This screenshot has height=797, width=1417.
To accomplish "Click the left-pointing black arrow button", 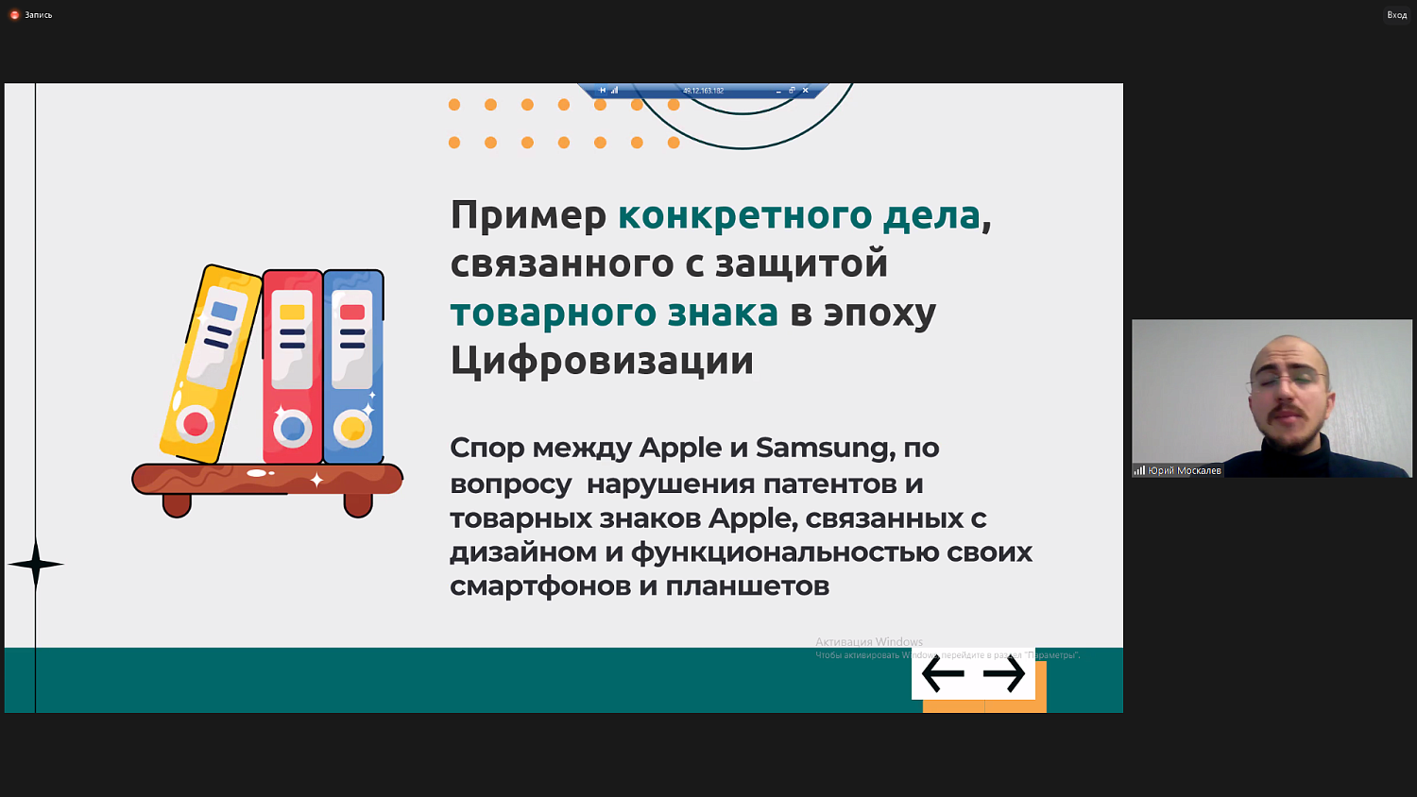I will click(943, 674).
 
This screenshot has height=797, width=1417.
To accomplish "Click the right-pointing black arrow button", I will click(1003, 674).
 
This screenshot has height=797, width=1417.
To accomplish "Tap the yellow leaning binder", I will click(210, 364).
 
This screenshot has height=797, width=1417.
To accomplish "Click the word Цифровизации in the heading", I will click(602, 361).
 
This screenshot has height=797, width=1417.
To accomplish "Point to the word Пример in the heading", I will click(528, 215).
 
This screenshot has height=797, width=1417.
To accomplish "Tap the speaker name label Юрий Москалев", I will click(1184, 470).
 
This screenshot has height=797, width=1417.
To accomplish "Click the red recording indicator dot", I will click(14, 15).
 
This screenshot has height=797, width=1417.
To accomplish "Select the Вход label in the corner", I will click(1396, 15).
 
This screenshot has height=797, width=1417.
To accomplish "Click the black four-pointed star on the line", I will click(36, 565).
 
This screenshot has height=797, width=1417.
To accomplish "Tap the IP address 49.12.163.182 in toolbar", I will click(703, 91).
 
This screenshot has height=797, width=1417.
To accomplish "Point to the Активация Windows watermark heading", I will click(869, 642).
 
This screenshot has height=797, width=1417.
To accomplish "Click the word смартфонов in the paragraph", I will click(539, 586).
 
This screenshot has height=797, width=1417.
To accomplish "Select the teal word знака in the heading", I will click(723, 313).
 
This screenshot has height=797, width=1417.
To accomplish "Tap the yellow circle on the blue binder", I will click(352, 429).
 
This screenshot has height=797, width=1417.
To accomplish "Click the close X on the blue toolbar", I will click(805, 91).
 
